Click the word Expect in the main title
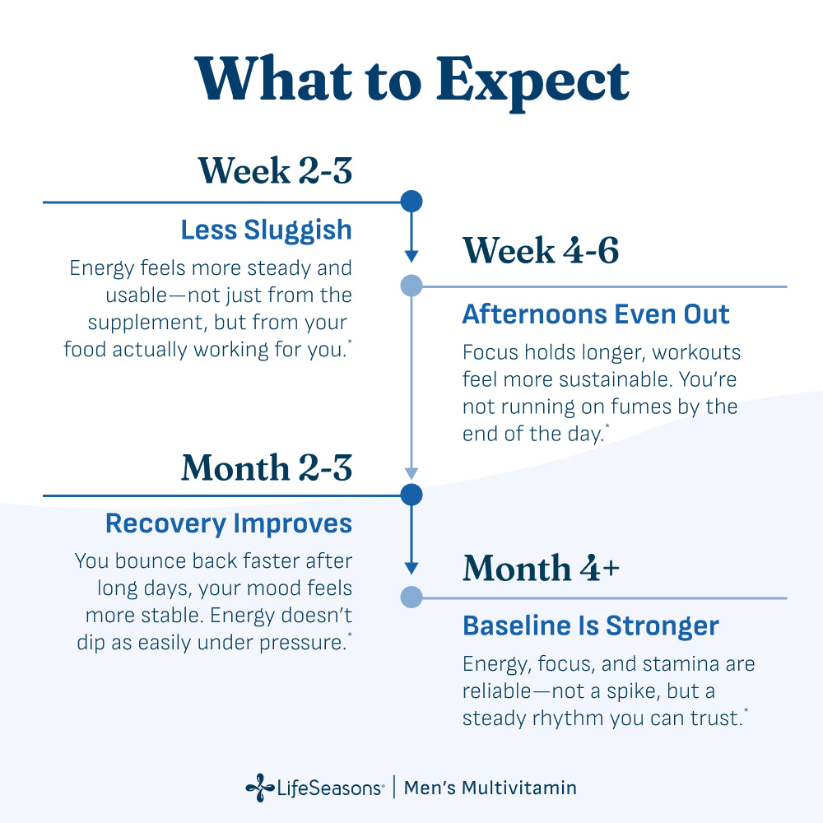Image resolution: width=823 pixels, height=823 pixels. tap(532, 82)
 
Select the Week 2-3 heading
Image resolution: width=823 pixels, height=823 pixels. tap(275, 170)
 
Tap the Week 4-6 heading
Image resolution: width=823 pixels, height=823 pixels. tap(541, 250)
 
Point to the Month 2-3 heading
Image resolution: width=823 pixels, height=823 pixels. tap(267, 467)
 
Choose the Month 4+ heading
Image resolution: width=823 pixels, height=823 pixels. tap(542, 568)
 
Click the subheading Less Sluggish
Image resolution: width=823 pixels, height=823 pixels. tap(266, 230)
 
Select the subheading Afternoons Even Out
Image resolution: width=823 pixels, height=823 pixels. tap(596, 314)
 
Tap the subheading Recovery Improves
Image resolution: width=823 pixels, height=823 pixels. tap(229, 523)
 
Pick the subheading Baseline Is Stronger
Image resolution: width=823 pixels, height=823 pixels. tap(590, 626)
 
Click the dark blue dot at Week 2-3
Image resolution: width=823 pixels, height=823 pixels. tap(411, 202)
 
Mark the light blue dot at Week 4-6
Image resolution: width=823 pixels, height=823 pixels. tap(411, 286)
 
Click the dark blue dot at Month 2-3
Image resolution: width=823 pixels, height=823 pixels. tap(411, 495)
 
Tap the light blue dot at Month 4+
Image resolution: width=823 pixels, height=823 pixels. tap(411, 597)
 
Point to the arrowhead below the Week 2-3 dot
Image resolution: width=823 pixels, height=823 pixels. tap(411, 256)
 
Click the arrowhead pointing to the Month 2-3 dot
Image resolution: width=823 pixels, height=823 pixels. tap(411, 473)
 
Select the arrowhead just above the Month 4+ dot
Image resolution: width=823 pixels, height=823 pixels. tap(411, 568)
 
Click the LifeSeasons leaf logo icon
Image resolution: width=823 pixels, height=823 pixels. tap(260, 788)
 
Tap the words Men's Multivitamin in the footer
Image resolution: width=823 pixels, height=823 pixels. tap(491, 788)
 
